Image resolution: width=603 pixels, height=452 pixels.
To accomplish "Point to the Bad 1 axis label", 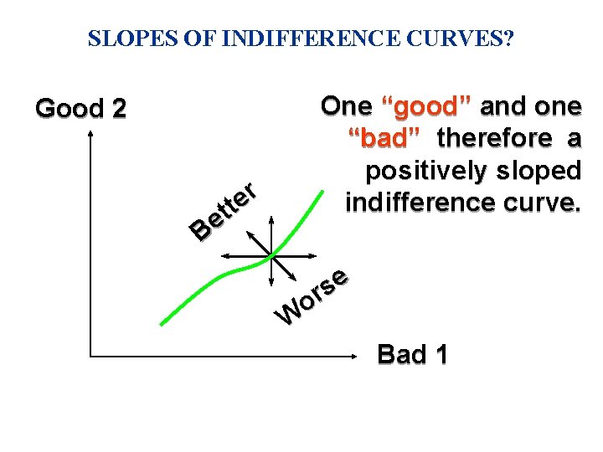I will [412, 354].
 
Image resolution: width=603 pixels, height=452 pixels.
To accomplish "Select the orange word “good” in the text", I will [428, 106].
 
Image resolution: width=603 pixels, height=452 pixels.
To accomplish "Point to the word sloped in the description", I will [540, 170].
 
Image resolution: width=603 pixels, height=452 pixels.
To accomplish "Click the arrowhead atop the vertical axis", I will [90, 139].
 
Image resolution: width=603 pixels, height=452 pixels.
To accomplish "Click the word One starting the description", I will [347, 106].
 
